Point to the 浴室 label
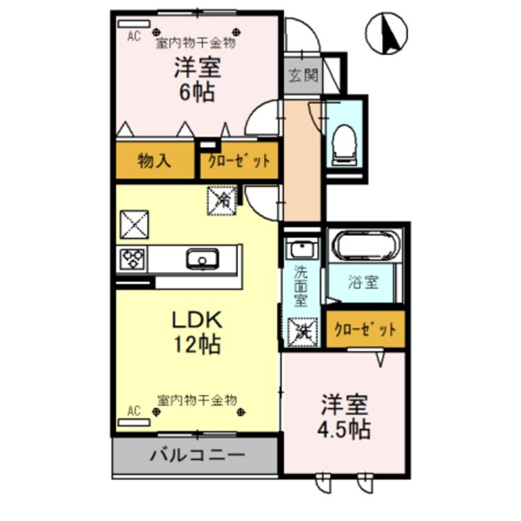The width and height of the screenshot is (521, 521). (364, 281)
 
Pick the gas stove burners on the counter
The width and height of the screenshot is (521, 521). (132, 258)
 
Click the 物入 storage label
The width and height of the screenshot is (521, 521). (154, 161)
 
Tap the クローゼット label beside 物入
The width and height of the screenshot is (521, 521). (238, 161)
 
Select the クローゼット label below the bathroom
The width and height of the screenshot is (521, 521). (365, 329)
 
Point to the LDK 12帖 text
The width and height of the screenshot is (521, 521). (195, 331)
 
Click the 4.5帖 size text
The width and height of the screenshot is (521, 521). (343, 429)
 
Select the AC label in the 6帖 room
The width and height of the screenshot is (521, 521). (133, 35)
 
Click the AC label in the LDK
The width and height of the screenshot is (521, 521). (133, 410)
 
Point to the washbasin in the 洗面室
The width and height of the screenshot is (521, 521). (300, 250)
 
